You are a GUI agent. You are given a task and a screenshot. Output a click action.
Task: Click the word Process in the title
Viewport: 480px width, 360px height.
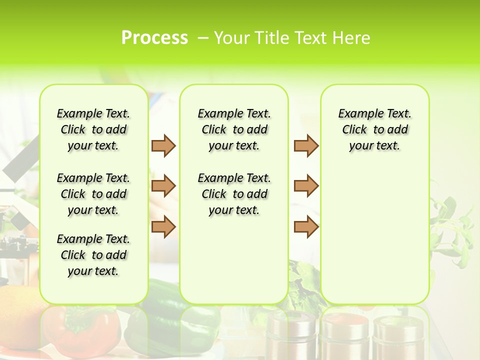pyautogui.click(x=154, y=38)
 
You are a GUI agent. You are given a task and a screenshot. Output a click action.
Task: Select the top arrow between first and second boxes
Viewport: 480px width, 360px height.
pyautogui.click(x=163, y=145)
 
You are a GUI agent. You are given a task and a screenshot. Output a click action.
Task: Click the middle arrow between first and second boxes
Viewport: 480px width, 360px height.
pyautogui.click(x=163, y=186)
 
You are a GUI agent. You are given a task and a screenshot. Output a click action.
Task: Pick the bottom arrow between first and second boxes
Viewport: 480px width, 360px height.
pyautogui.click(x=163, y=226)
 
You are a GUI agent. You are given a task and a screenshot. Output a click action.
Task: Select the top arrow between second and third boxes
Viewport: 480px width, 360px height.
pyautogui.click(x=306, y=145)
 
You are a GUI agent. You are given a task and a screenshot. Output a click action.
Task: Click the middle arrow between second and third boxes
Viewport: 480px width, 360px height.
pyautogui.click(x=306, y=186)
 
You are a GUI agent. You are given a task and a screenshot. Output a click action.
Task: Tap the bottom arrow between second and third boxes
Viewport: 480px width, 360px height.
pyautogui.click(x=306, y=226)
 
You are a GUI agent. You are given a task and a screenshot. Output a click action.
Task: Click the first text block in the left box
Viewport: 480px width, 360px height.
pyautogui.click(x=93, y=129)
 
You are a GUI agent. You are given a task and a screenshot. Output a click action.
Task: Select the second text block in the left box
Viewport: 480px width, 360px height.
pyautogui.click(x=93, y=194)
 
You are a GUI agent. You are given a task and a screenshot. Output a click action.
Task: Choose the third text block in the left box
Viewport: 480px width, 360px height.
pyautogui.click(x=93, y=255)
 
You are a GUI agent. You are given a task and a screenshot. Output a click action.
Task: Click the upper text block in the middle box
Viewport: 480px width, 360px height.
pyautogui.click(x=234, y=129)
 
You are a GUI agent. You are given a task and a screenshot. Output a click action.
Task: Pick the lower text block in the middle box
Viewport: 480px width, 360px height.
pyautogui.click(x=234, y=194)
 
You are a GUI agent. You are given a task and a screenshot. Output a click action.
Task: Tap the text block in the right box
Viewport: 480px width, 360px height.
pyautogui.click(x=374, y=129)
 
